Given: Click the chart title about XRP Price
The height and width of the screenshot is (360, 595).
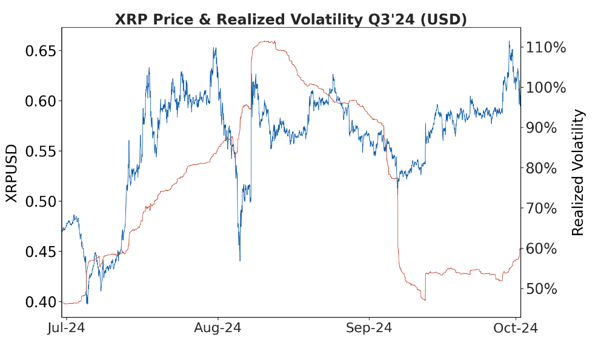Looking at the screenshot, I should [x=291, y=19].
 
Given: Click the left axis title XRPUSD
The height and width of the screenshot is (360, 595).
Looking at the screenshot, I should [x=12, y=173].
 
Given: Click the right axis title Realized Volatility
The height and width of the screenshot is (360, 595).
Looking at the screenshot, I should [x=579, y=173].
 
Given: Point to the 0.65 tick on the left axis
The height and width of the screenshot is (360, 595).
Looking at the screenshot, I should [x=40, y=50].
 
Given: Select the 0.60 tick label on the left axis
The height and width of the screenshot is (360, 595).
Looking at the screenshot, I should [x=40, y=101].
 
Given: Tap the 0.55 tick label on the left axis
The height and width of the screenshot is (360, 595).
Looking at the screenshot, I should [x=40, y=151].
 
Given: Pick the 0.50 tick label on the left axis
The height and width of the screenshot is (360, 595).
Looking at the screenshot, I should [x=40, y=201].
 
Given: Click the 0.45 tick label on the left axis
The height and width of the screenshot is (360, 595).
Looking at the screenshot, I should [x=40, y=252].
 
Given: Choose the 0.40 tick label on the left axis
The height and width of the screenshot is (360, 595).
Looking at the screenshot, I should [x=40, y=302].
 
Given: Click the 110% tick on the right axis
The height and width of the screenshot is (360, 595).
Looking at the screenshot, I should [x=547, y=47].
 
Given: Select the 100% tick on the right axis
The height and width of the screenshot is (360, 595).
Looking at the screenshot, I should [x=547, y=87].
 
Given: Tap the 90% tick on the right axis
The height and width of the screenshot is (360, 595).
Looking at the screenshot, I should [x=547, y=128].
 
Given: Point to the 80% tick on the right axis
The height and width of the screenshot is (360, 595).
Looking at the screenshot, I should [x=547, y=168].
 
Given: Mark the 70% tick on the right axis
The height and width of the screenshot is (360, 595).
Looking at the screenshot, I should [x=547, y=208].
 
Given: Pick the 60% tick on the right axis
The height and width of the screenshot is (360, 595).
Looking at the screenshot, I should [x=547, y=248].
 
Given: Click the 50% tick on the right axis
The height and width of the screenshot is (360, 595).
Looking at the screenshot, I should [x=547, y=288].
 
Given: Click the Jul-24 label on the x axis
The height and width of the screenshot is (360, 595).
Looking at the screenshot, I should [x=66, y=328].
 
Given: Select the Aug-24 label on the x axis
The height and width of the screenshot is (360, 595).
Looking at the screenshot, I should [x=218, y=328].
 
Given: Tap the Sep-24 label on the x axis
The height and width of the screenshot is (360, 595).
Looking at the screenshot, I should [x=369, y=328].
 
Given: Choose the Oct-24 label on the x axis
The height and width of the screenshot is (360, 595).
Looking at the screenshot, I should [x=515, y=328].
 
